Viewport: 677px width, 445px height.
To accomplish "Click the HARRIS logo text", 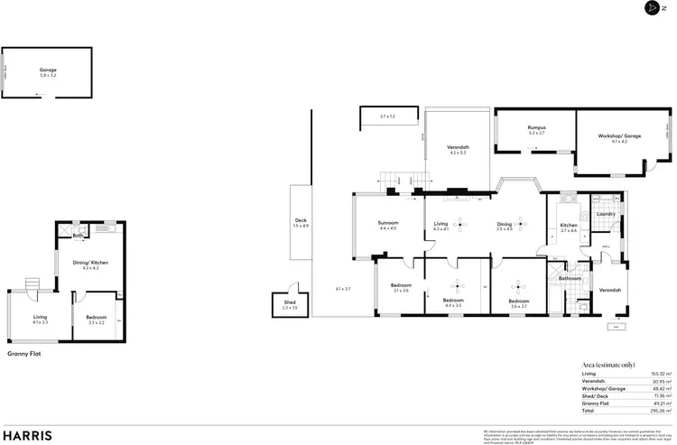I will click(27, 434).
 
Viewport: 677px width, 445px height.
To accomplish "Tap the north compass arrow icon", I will click(653, 8).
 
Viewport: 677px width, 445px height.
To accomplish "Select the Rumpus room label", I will click(537, 128).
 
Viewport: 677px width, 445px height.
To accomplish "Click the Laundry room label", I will click(606, 214).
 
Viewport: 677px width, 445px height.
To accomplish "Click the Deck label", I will click(301, 220).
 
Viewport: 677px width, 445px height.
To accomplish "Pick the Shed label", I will click(289, 303).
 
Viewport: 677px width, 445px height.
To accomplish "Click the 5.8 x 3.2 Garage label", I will click(48, 70).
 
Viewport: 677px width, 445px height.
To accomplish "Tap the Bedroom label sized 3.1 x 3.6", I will click(400, 286).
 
